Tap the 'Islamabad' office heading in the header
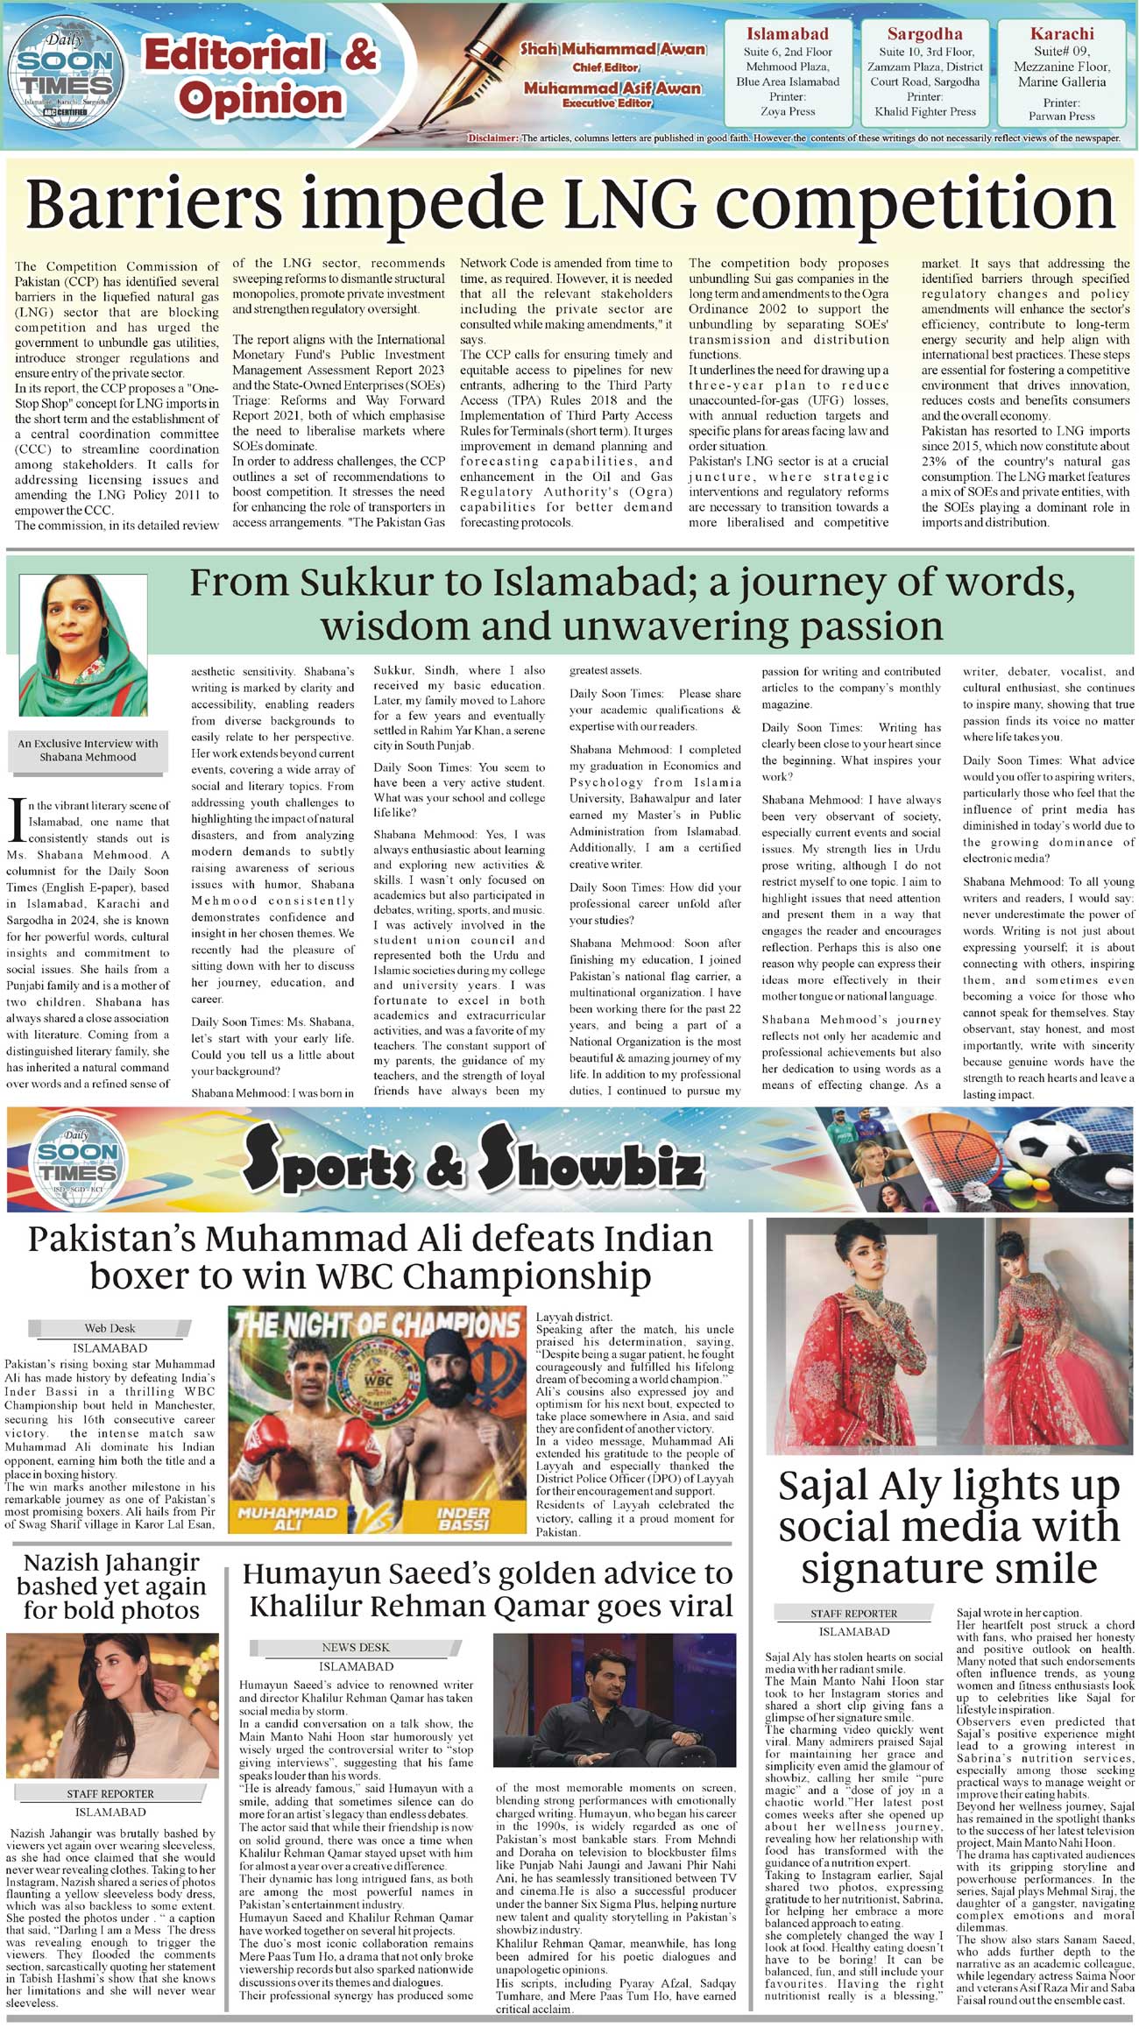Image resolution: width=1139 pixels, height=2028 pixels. coord(787,34)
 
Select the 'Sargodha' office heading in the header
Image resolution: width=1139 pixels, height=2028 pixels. coord(924,34)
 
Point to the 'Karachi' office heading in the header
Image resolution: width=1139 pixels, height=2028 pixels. coord(1062,34)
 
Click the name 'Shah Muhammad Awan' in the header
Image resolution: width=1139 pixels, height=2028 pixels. coord(612,49)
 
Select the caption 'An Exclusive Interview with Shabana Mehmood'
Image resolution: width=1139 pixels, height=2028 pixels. coord(88,750)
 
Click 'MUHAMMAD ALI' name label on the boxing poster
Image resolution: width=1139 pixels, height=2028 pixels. coord(287,1518)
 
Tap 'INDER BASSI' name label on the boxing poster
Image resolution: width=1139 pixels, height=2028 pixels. coord(463,1518)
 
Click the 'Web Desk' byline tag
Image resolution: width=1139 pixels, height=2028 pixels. coord(110,1328)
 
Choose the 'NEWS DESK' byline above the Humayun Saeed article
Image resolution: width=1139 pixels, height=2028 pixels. coord(355,1647)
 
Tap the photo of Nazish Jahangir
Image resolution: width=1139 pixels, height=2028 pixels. coord(111,1705)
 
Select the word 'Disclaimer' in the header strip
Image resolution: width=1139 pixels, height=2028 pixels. coord(492,138)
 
